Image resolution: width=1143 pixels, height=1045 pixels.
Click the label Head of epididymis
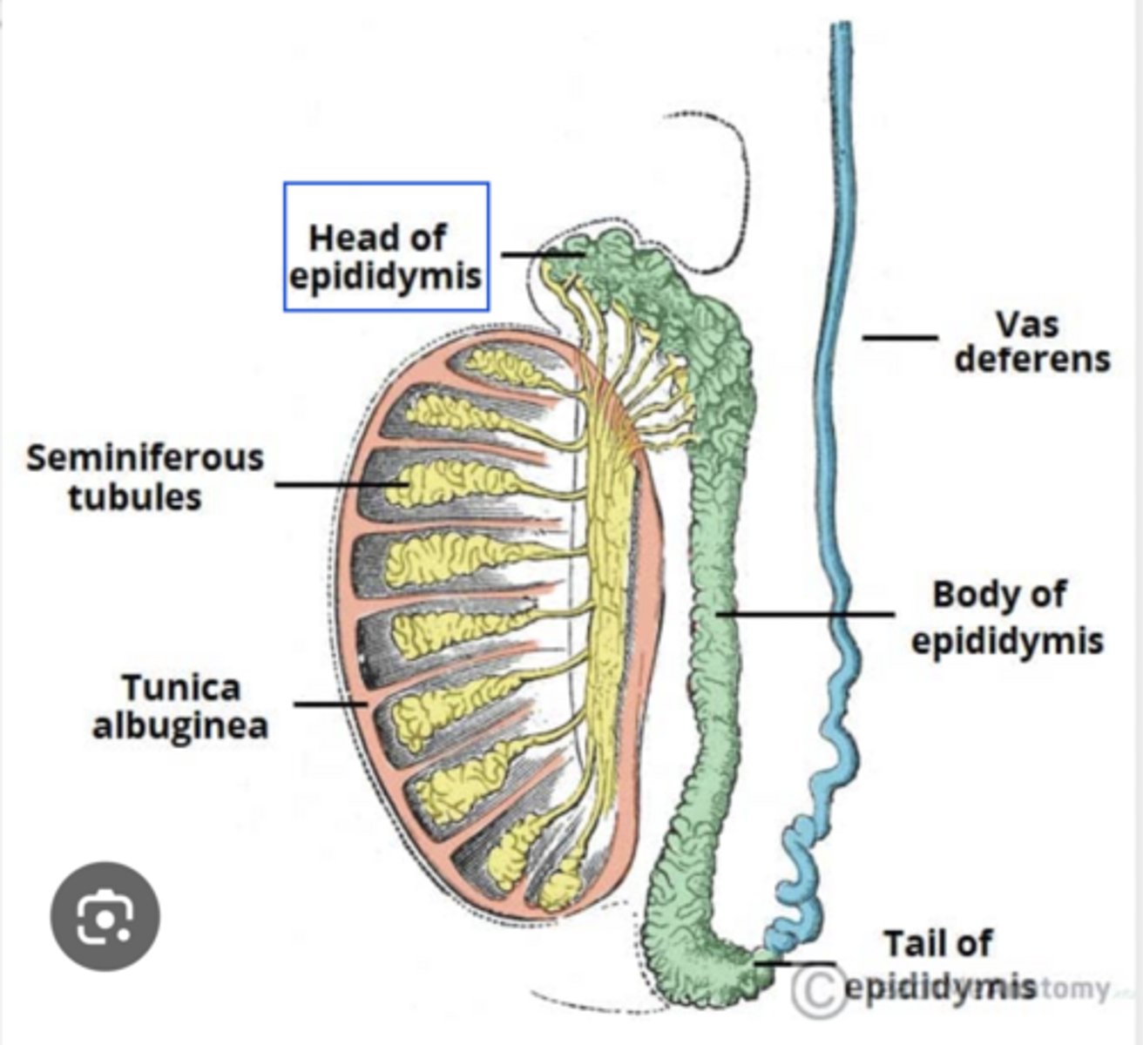(385, 256)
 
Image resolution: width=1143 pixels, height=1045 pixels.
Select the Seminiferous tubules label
(145, 477)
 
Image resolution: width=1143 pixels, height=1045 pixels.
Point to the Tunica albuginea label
(180, 706)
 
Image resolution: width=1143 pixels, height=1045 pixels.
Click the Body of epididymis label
(1006, 617)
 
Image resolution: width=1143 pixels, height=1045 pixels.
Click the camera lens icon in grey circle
(105, 917)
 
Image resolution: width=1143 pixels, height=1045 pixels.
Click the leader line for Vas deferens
(900, 337)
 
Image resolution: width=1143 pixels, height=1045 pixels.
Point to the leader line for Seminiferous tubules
(340, 483)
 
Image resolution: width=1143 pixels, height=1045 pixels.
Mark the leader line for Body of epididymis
(806, 614)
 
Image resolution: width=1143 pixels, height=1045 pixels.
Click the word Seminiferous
(145, 458)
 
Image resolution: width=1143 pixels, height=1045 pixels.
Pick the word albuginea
(180, 725)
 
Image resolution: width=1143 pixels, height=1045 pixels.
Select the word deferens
(1032, 360)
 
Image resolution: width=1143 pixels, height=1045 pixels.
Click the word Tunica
(180, 687)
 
